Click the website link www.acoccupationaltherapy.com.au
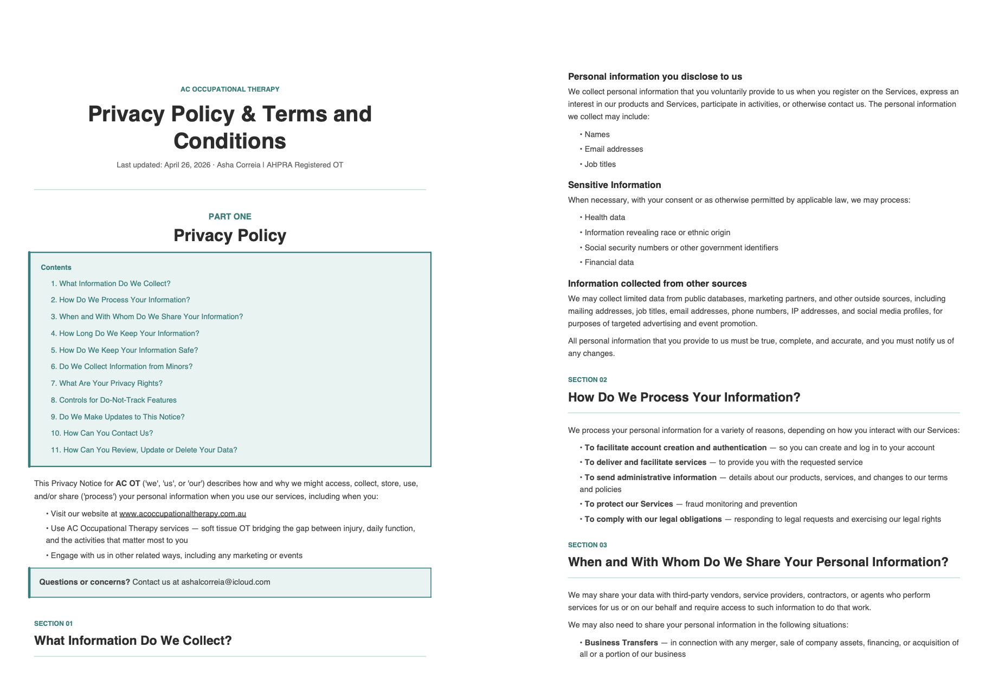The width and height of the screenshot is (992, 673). click(182, 514)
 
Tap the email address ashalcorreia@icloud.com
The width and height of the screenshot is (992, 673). click(226, 582)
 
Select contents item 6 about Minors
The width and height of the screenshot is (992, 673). click(121, 367)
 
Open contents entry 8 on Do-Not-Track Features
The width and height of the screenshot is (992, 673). click(113, 400)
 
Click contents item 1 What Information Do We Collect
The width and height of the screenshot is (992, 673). click(111, 284)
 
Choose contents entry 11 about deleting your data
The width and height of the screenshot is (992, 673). click(144, 450)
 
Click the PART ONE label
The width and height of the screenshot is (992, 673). click(230, 217)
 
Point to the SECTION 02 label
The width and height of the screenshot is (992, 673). click(587, 380)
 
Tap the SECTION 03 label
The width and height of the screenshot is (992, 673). click(587, 545)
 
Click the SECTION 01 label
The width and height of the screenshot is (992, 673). click(53, 624)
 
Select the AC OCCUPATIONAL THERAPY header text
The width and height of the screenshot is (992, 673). click(230, 89)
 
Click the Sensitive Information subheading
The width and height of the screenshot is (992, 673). click(614, 185)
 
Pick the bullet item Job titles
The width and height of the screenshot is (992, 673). click(600, 165)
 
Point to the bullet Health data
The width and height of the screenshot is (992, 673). click(604, 218)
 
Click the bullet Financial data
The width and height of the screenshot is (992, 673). click(609, 263)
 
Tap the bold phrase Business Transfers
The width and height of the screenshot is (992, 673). click(621, 643)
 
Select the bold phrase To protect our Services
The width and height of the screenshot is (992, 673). click(628, 504)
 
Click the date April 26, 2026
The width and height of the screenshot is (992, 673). click(187, 165)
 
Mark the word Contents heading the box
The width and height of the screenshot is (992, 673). click(56, 268)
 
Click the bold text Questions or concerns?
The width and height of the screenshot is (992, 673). click(85, 582)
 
